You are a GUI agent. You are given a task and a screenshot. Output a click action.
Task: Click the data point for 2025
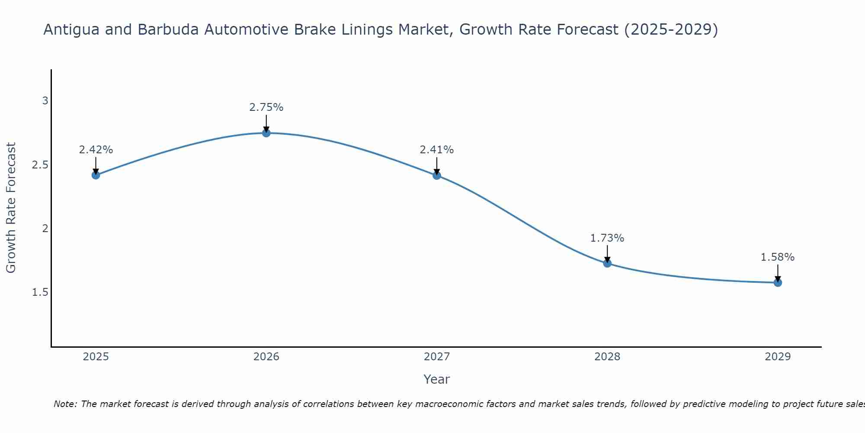pyautogui.click(x=96, y=175)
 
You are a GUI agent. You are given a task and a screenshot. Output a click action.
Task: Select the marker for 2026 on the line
pyautogui.click(x=266, y=133)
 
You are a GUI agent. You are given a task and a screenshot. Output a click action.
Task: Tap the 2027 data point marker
pyautogui.click(x=437, y=175)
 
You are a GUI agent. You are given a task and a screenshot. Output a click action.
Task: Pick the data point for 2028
pyautogui.click(x=607, y=263)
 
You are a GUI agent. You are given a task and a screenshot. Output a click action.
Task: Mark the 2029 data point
pyautogui.click(x=778, y=283)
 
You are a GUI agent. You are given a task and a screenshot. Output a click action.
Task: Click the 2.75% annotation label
pyautogui.click(x=266, y=107)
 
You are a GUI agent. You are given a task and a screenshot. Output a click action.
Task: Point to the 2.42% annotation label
pyautogui.click(x=96, y=150)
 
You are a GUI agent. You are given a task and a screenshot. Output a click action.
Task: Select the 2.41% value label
pyautogui.click(x=437, y=150)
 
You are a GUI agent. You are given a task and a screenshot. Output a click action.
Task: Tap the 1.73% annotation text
pyautogui.click(x=607, y=238)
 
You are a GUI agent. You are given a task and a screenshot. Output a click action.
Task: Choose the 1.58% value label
pyautogui.click(x=778, y=257)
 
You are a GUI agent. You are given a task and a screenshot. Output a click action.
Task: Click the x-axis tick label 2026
pyautogui.click(x=266, y=357)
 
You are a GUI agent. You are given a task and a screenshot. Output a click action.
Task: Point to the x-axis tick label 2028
pyautogui.click(x=607, y=357)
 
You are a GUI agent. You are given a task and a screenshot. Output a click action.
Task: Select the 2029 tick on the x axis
pyautogui.click(x=778, y=357)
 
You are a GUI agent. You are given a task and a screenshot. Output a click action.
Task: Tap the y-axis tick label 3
pyautogui.click(x=45, y=101)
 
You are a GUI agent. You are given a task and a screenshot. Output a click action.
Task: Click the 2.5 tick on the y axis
pyautogui.click(x=40, y=165)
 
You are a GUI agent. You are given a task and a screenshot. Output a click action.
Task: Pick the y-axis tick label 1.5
pyautogui.click(x=40, y=292)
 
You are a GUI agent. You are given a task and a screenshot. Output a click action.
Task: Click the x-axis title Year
pyautogui.click(x=437, y=379)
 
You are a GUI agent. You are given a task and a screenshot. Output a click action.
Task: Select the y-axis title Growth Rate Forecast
pyautogui.click(x=11, y=208)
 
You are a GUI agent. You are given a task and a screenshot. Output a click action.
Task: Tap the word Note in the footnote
pyautogui.click(x=64, y=404)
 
